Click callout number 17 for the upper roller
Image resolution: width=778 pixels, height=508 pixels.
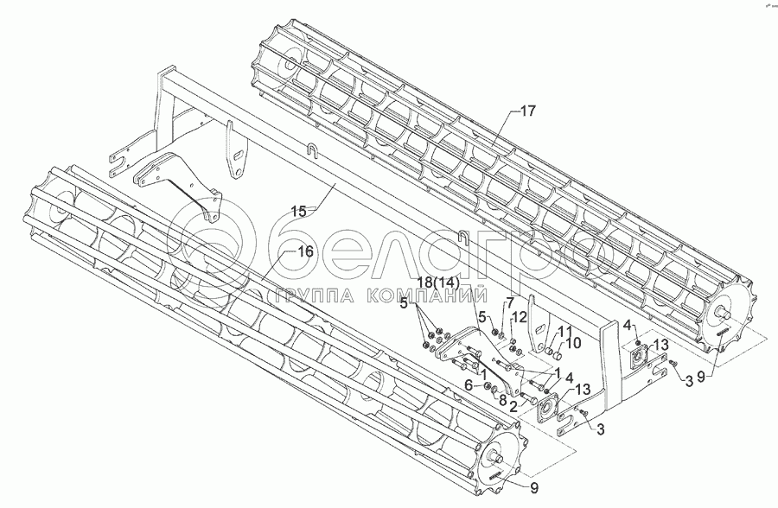click(528, 111)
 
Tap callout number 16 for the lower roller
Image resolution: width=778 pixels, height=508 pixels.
click(304, 251)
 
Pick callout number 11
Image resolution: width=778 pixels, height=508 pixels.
click(564, 331)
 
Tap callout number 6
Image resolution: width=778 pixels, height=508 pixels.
click(468, 385)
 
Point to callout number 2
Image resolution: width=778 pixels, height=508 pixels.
click(512, 405)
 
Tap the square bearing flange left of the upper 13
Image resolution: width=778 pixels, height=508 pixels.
click(641, 356)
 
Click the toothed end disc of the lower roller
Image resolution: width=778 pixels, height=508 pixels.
click(502, 455)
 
